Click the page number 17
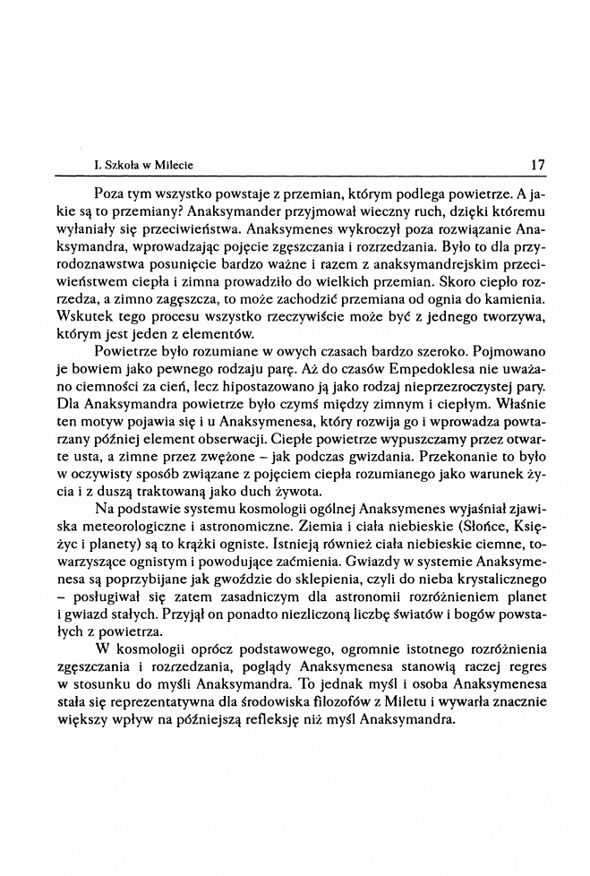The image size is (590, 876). pyautogui.click(x=538, y=165)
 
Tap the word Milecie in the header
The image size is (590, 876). pyautogui.click(x=172, y=166)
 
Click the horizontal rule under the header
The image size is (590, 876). pyautogui.click(x=313, y=176)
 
